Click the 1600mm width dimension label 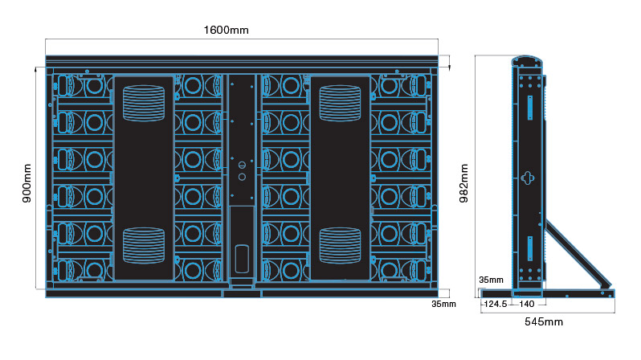coord(226,31)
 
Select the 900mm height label coord(27,183)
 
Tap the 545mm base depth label coord(544,321)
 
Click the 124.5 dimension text coord(494,304)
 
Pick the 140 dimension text coord(527,304)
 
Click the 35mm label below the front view coord(443,304)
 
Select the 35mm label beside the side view coord(491,280)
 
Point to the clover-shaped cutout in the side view coord(527,178)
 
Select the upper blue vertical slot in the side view coord(530,106)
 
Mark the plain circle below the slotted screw coord(241,175)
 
